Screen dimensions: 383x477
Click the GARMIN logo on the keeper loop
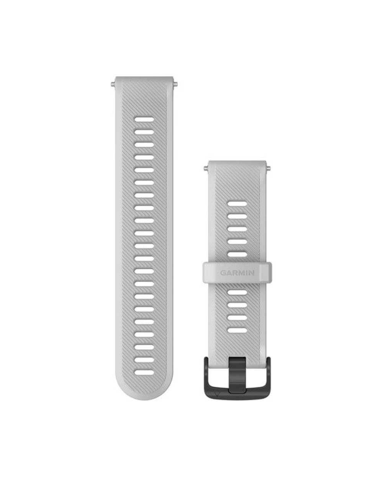pos(237,273)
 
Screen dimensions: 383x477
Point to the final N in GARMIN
pos(252,273)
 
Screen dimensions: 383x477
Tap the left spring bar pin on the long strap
pos(113,84)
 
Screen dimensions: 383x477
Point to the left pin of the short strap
pos(206,168)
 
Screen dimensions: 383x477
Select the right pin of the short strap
pos(268,168)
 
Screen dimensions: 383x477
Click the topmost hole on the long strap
pos(144,120)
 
